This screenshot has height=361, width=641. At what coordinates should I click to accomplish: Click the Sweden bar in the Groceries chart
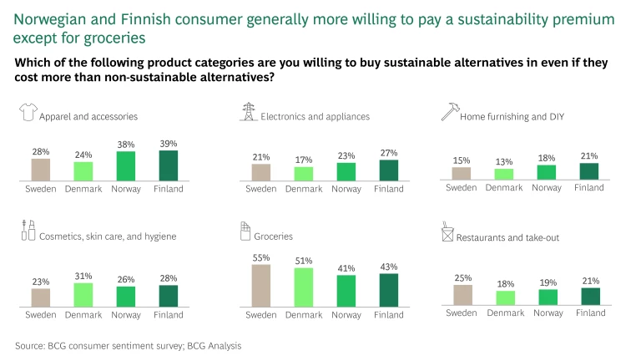click(x=261, y=286)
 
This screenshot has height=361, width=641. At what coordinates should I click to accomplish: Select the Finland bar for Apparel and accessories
click(x=168, y=165)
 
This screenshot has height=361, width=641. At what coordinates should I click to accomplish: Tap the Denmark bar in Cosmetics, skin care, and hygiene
click(x=83, y=295)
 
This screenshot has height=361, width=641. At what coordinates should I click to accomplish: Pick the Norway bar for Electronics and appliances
click(x=346, y=171)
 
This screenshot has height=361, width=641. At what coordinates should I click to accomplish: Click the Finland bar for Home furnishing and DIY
click(x=589, y=171)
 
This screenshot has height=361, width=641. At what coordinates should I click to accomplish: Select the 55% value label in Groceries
click(x=261, y=257)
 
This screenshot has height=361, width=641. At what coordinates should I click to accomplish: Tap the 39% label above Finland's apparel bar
click(x=168, y=144)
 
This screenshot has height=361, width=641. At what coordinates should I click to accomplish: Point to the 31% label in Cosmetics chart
click(x=83, y=277)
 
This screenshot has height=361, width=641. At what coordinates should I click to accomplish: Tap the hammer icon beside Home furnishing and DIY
click(x=447, y=114)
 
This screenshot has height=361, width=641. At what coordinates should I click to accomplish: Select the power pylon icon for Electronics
click(x=248, y=114)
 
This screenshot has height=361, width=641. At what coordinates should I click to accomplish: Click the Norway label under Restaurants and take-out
click(x=547, y=313)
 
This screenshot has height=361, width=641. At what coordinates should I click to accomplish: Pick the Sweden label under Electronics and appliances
click(x=261, y=188)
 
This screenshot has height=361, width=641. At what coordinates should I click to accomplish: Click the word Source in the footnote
click(x=30, y=344)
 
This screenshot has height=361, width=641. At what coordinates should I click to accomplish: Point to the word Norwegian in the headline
click(x=48, y=18)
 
